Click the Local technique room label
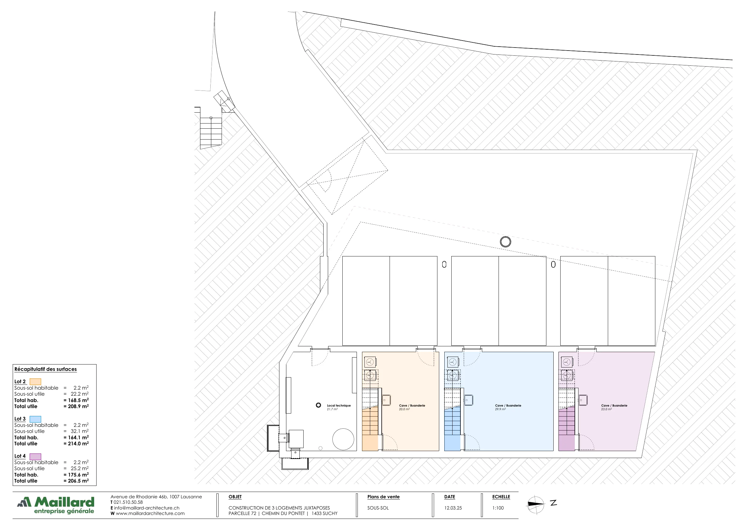pyautogui.click(x=338, y=405)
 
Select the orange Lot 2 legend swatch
pyautogui.click(x=35, y=381)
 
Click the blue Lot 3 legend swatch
pyautogui.click(x=35, y=419)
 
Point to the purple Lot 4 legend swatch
pyautogui.click(x=35, y=456)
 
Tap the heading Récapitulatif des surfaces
pyautogui.click(x=45, y=369)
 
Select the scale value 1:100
pyautogui.click(x=498, y=508)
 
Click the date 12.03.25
pyautogui.click(x=453, y=508)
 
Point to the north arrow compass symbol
pyautogui.click(x=535, y=504)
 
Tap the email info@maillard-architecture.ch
pyautogui.click(x=147, y=508)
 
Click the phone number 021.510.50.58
pyautogui.click(x=128, y=502)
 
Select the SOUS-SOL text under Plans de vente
pyautogui.click(x=378, y=508)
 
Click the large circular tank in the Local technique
pyautogui.click(x=343, y=439)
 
